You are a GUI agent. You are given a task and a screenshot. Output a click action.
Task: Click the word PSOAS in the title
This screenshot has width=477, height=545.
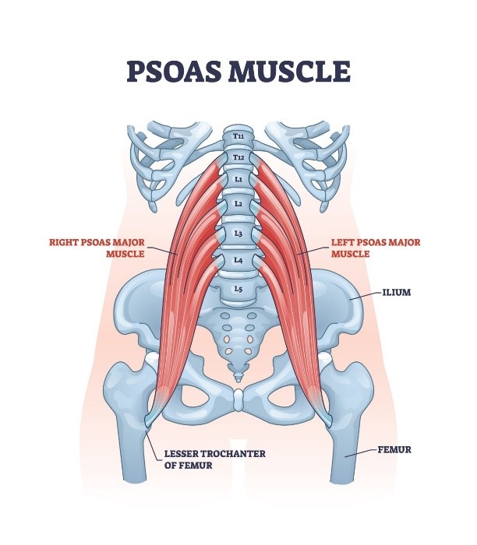(173, 72)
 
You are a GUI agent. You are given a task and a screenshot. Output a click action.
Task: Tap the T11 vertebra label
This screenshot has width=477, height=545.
(238, 136)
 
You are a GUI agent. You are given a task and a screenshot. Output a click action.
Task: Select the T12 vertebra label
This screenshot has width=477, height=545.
(238, 158)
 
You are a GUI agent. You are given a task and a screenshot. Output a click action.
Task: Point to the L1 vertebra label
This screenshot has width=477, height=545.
(238, 179)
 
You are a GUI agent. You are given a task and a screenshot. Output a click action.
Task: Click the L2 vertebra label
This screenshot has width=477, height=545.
(238, 204)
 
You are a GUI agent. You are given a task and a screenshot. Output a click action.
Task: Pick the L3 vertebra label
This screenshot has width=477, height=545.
(238, 234)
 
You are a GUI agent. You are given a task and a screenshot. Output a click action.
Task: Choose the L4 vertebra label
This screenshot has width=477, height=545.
(238, 260)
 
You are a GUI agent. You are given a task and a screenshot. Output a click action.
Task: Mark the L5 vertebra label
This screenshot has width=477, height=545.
(238, 289)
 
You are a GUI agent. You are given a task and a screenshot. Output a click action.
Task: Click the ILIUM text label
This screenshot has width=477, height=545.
(397, 292)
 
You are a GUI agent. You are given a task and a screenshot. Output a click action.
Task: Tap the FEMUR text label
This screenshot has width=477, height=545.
(394, 450)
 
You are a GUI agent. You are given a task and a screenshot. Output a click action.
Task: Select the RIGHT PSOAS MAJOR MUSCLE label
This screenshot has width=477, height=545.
(97, 248)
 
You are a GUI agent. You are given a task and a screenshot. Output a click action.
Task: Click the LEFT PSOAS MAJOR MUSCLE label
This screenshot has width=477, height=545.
(376, 248)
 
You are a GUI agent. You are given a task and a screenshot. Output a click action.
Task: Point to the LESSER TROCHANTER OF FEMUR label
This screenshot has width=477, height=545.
(214, 459)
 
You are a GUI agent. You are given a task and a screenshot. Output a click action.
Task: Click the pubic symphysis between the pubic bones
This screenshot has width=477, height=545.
(238, 399)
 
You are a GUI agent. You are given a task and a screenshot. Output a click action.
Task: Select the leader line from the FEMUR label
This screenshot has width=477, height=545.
(361, 452)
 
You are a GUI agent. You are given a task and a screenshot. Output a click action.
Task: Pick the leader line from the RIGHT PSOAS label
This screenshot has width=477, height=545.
(163, 251)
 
